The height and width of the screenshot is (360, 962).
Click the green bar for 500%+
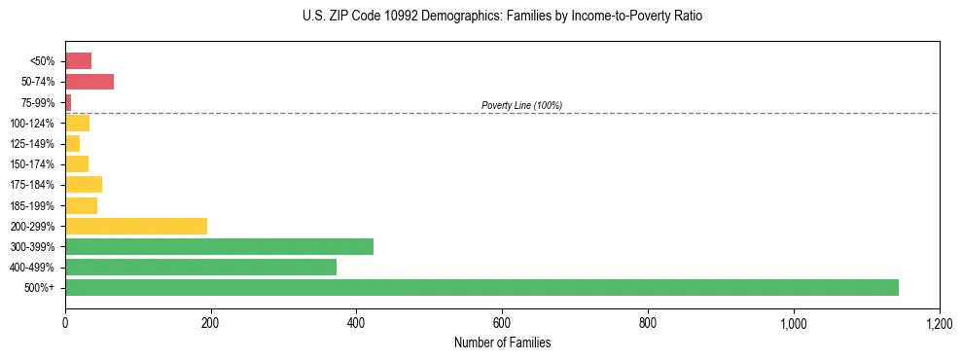click(x=481, y=287)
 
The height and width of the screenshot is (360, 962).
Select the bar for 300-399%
click(x=219, y=246)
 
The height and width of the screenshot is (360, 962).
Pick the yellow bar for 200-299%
click(x=136, y=226)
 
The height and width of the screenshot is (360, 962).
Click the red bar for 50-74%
click(x=89, y=82)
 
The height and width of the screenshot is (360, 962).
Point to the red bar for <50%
click(x=78, y=61)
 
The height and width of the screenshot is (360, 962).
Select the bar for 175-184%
click(x=84, y=185)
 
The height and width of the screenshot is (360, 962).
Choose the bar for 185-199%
click(x=81, y=205)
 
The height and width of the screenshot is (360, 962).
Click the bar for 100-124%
click(x=77, y=124)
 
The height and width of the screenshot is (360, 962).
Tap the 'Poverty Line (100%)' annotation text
click(x=521, y=105)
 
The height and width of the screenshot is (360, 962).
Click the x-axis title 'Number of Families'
click(x=502, y=343)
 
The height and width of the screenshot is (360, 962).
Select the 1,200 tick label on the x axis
click(x=939, y=323)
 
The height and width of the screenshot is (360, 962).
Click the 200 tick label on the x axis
click(x=211, y=323)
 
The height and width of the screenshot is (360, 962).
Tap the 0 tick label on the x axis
click(x=65, y=323)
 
